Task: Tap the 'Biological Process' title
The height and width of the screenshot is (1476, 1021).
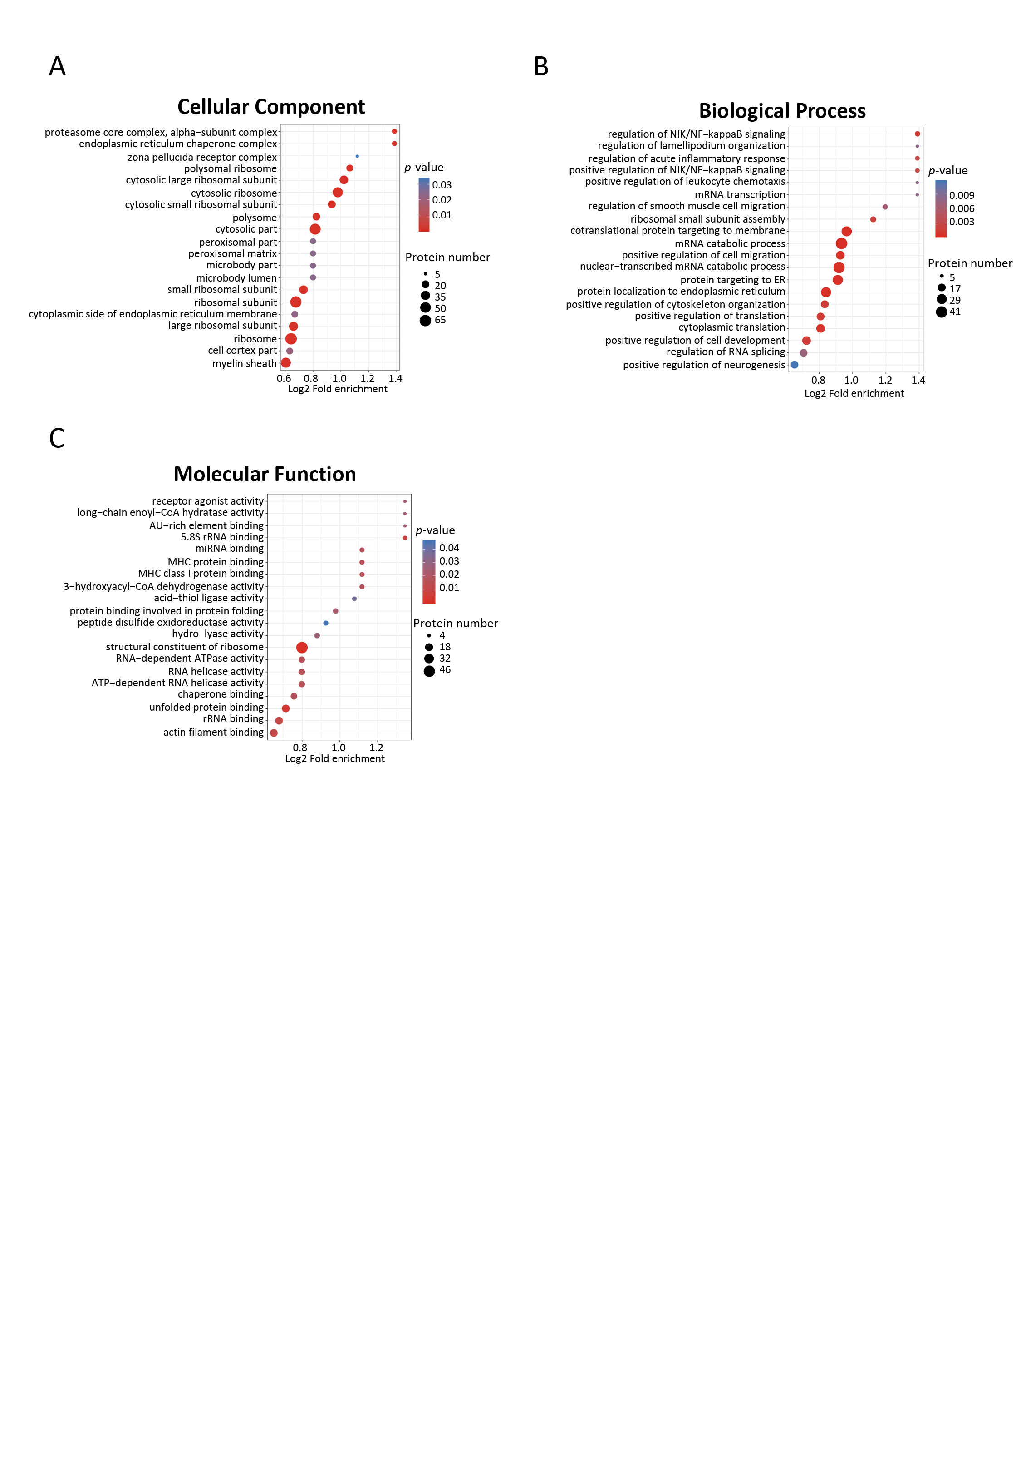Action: (782, 111)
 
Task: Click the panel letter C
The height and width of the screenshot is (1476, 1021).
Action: (57, 438)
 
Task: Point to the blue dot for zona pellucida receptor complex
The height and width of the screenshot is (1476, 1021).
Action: (357, 156)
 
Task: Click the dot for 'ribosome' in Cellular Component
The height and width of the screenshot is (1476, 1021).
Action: (291, 339)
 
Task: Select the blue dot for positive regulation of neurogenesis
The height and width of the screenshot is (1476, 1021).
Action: (795, 365)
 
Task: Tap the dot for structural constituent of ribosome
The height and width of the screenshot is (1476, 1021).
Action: (302, 648)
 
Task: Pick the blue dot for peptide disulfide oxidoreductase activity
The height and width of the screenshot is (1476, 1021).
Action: (326, 623)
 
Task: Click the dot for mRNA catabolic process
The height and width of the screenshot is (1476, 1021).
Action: (841, 243)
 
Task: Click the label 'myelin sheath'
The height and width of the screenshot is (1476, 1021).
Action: (245, 364)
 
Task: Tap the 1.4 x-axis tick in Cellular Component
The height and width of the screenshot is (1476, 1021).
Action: (395, 378)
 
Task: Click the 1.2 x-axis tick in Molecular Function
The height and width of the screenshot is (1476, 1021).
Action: (376, 748)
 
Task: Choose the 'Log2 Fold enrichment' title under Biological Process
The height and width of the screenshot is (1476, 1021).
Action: (854, 394)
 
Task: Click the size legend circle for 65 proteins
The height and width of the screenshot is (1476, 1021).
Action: (426, 321)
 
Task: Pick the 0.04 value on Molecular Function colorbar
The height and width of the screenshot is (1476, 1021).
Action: (449, 548)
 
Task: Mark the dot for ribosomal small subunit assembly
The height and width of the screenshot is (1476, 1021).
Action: (873, 219)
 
